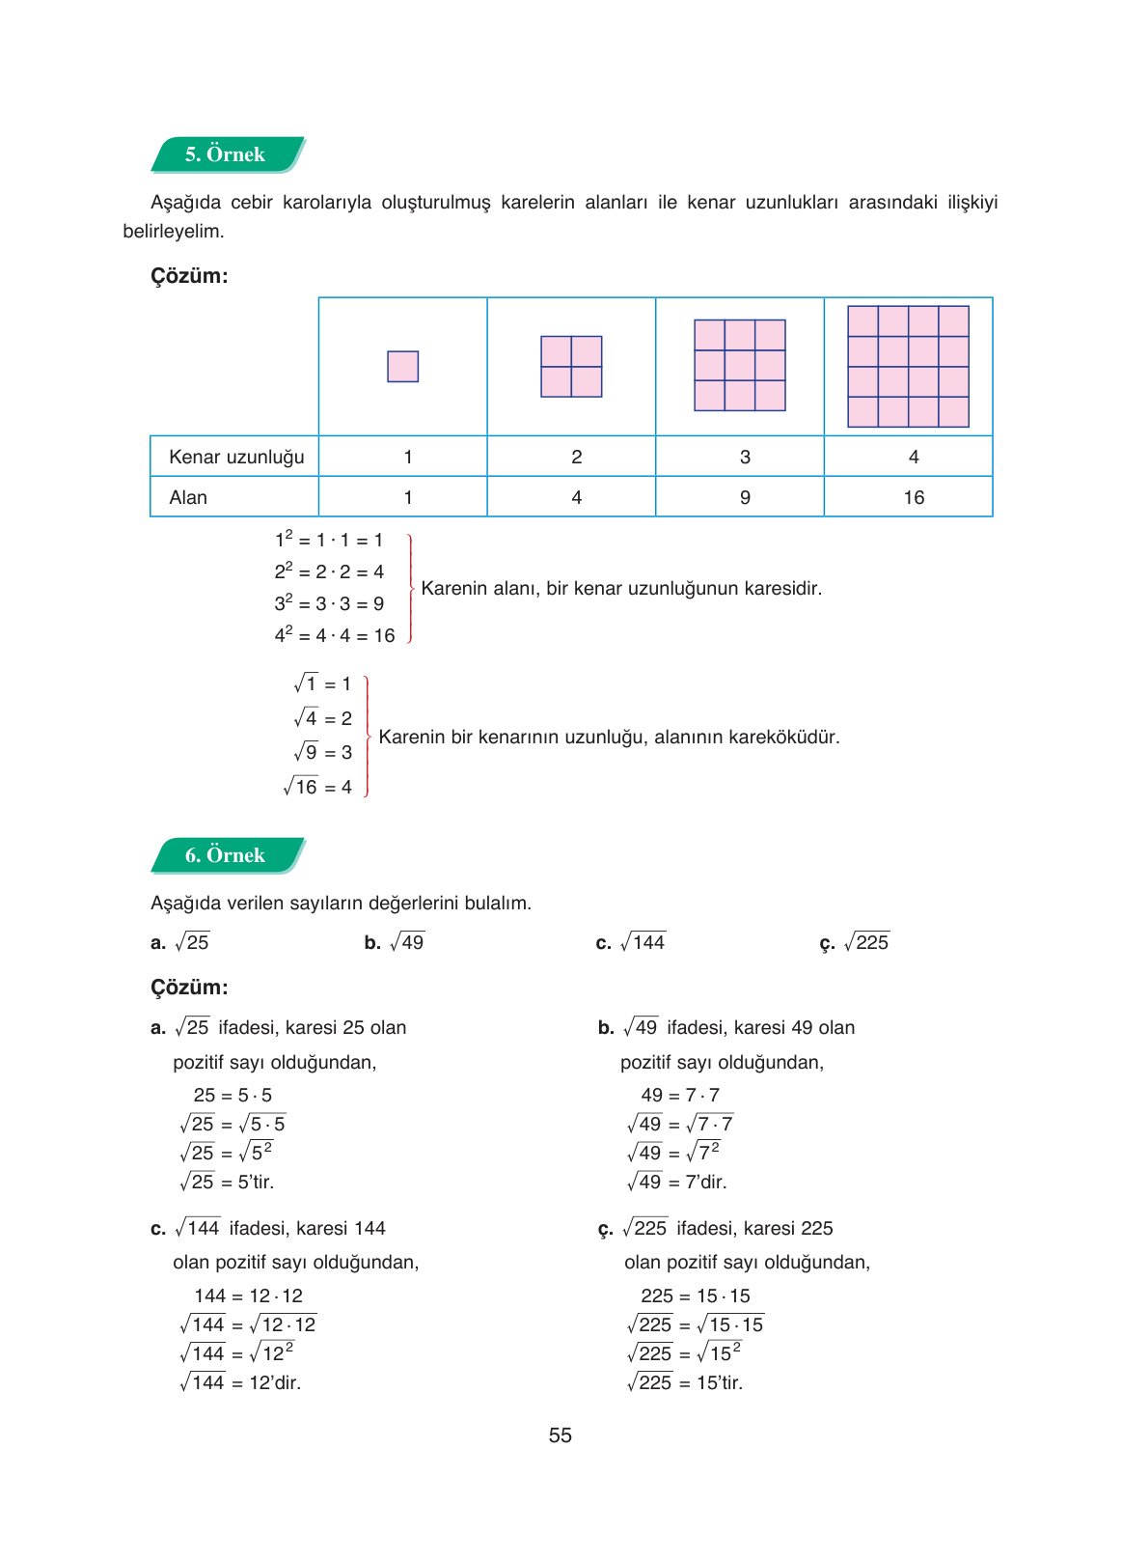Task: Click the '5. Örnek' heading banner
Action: [x=226, y=154]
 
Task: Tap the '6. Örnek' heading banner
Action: [x=226, y=855]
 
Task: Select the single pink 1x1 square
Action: [x=402, y=367]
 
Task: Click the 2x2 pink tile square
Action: [x=571, y=367]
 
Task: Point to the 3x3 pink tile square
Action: [x=740, y=366]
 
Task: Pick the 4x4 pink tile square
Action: [x=908, y=367]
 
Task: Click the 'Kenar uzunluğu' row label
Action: [x=236, y=457]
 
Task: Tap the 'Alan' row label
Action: [x=188, y=497]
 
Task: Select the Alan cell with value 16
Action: [x=914, y=497]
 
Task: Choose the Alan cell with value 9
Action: [x=745, y=497]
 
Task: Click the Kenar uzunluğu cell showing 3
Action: [x=745, y=457]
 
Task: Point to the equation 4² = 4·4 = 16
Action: [x=335, y=635]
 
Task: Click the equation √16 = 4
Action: [x=318, y=787]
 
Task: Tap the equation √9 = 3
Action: [x=323, y=752]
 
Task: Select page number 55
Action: [x=561, y=1435]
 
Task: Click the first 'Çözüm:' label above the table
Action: [x=189, y=276]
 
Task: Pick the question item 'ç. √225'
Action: [x=854, y=942]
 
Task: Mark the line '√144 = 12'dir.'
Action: [x=241, y=1382]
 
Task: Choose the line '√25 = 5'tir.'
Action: [x=228, y=1182]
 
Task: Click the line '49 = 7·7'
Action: [x=680, y=1095]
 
